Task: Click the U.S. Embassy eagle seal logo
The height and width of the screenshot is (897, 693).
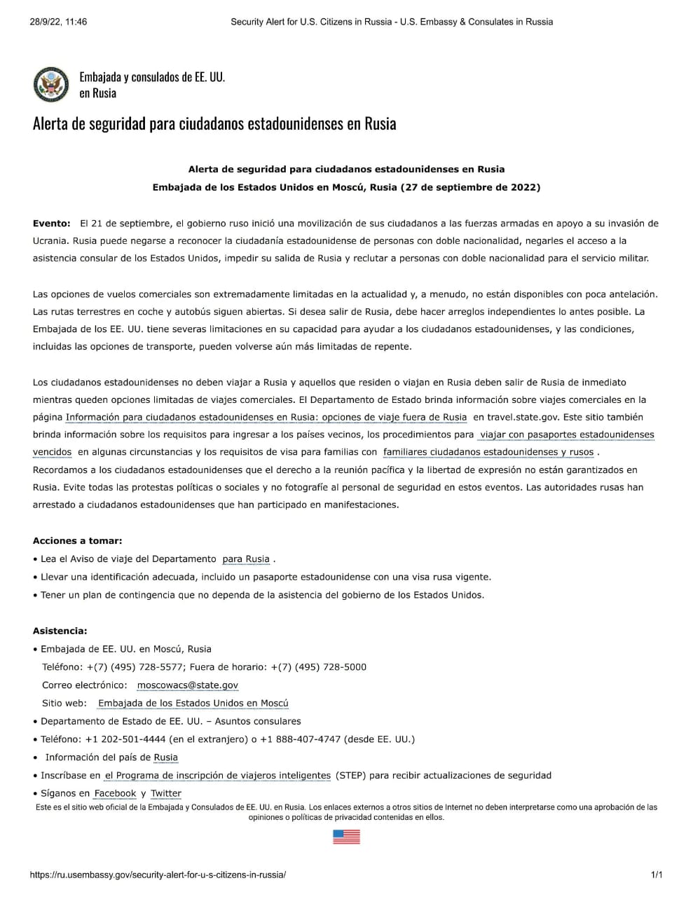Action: point(50,85)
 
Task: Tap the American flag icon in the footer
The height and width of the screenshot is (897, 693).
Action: point(346,836)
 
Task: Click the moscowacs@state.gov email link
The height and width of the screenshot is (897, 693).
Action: point(188,685)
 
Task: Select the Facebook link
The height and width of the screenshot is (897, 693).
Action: point(115,793)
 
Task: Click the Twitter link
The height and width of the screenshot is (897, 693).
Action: point(166,793)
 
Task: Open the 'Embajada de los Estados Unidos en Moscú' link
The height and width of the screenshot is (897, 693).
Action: point(193,703)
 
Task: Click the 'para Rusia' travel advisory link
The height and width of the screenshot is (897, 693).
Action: point(246,559)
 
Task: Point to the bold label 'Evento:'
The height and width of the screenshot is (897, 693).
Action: point(52,224)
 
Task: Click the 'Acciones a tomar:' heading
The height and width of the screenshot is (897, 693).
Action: point(78,541)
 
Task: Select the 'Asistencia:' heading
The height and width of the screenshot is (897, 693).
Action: point(60,631)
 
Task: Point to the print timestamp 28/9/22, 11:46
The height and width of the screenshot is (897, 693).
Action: point(58,22)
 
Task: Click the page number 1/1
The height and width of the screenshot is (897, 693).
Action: point(657,875)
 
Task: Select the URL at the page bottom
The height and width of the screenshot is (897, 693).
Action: point(158,875)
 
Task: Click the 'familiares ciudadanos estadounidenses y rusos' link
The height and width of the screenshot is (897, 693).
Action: point(488,452)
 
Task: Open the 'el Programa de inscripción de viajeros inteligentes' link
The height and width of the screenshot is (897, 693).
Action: point(217,775)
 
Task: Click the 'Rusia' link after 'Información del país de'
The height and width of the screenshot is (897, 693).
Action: point(166,757)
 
